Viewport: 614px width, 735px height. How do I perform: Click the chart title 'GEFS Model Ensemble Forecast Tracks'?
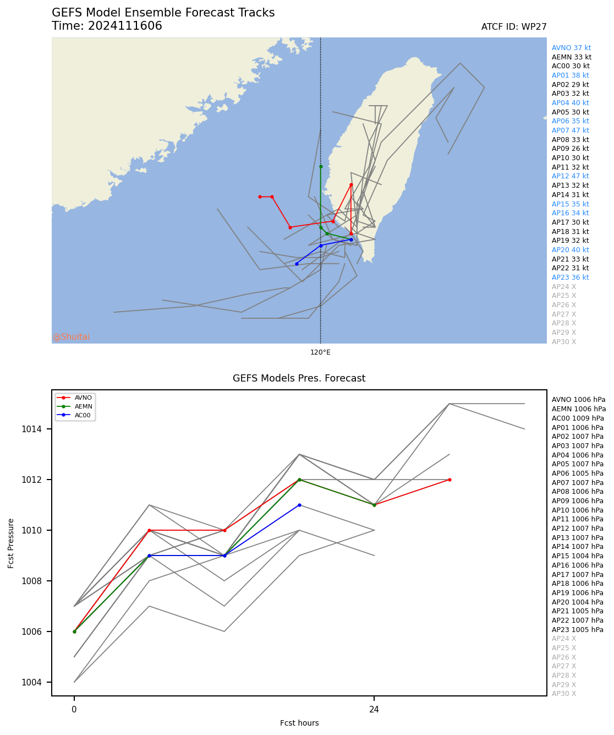(163, 13)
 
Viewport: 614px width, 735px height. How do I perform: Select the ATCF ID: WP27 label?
(513, 27)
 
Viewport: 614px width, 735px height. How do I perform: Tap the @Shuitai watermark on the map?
(71, 337)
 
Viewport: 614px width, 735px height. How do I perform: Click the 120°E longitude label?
(320, 352)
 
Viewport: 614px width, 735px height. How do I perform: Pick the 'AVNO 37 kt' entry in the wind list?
(571, 48)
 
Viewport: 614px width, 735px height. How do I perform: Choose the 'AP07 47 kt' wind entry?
(570, 130)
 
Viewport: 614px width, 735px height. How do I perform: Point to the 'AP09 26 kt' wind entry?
(570, 149)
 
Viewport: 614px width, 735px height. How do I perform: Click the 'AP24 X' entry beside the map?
(564, 287)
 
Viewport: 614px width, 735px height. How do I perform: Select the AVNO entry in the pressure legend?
(83, 398)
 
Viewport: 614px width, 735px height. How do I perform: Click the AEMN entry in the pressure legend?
(83, 406)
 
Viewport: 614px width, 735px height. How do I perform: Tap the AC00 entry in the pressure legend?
(83, 415)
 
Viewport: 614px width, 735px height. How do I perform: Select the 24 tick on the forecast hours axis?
(374, 710)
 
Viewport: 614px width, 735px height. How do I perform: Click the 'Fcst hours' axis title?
(299, 723)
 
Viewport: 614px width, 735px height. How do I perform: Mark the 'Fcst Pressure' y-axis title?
(11, 543)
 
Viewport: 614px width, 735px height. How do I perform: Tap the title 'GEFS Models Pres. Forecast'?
(299, 378)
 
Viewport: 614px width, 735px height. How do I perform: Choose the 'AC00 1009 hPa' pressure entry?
(578, 418)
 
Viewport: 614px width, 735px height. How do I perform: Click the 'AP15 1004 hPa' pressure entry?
(578, 556)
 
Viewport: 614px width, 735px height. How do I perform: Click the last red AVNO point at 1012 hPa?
(449, 480)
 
